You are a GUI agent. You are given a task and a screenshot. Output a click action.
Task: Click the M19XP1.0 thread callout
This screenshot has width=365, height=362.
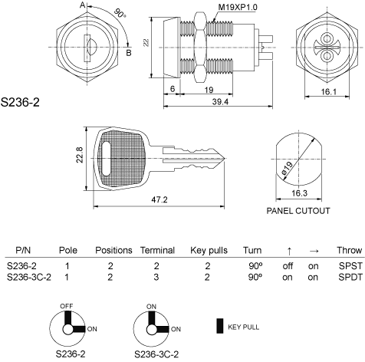point(238,7)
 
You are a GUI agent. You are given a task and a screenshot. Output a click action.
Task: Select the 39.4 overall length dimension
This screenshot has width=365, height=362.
point(220,102)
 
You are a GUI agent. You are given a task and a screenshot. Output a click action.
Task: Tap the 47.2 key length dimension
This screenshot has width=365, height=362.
point(159,199)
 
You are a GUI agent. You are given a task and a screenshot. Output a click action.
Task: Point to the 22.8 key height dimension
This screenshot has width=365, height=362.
point(80,155)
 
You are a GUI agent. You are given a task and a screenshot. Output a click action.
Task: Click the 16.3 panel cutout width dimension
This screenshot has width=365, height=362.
point(299,193)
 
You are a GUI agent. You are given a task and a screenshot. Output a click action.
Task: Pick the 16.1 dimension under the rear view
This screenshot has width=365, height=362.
point(329,91)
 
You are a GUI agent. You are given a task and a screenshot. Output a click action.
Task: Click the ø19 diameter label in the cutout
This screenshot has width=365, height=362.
point(288,169)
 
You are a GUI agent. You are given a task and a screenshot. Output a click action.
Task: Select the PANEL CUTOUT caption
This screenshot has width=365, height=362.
point(298,211)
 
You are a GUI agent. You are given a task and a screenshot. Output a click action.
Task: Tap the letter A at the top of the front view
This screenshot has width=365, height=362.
point(83,5)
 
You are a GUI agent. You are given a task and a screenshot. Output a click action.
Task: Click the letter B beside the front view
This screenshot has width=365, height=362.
point(129,53)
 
